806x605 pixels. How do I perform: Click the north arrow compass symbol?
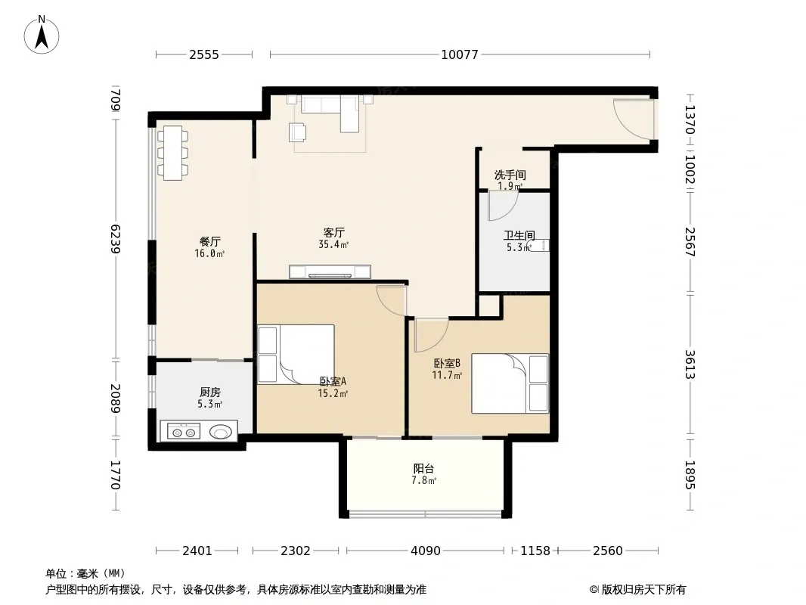[x=42, y=35]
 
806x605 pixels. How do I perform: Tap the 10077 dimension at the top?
[x=460, y=54]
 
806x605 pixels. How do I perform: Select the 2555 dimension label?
[x=204, y=54]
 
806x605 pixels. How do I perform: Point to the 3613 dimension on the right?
[x=690, y=364]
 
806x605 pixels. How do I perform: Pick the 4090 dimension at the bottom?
[x=426, y=551]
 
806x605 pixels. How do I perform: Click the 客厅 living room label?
[x=333, y=233]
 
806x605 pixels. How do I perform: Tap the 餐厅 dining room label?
[x=209, y=241]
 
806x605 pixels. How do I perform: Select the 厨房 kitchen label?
[x=209, y=392]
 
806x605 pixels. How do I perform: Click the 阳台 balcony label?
[x=423, y=468]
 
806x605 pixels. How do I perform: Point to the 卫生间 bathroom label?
[x=519, y=235]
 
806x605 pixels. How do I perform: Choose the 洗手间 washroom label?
[x=510, y=175]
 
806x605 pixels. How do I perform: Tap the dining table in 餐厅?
[x=172, y=153]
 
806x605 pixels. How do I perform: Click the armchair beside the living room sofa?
[x=298, y=132]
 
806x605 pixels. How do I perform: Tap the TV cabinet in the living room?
[x=330, y=271]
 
